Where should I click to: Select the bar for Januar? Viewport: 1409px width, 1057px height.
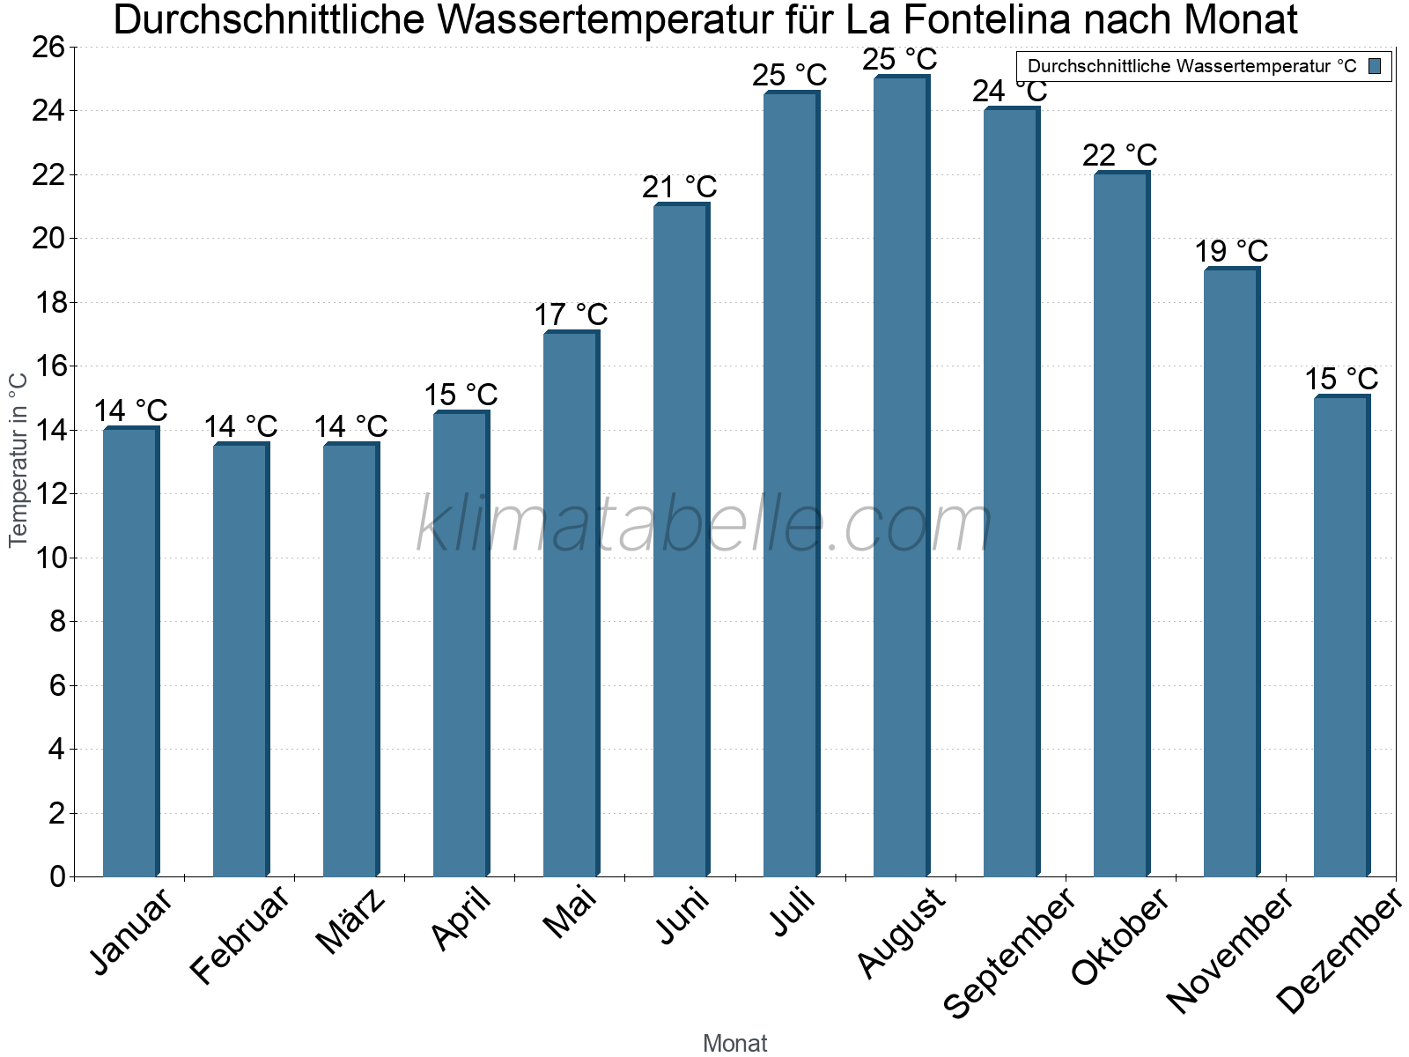tap(130, 652)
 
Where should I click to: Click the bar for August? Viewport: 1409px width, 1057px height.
tap(901, 476)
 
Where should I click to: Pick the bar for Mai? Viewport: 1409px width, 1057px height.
tap(571, 603)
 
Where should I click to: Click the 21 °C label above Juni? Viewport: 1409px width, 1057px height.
tap(680, 187)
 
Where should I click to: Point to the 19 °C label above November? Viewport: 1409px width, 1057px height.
tap(1231, 251)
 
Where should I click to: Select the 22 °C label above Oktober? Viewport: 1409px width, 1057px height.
tap(1119, 155)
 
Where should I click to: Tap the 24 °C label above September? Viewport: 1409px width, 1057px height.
tap(1009, 91)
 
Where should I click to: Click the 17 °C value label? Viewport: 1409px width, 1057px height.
tap(571, 314)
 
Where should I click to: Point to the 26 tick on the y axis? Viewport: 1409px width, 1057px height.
tap(48, 47)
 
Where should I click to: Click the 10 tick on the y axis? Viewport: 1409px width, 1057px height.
tap(48, 558)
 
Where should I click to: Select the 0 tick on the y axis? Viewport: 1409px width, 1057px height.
tap(58, 876)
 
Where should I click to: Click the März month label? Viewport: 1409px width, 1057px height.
tap(350, 921)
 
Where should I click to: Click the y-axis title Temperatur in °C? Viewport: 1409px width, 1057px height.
tap(18, 460)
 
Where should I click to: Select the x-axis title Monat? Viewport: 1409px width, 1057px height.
tap(734, 1043)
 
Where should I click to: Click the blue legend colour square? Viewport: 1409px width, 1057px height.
tap(1375, 66)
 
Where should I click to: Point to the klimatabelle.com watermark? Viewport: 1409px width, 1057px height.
tap(704, 525)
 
